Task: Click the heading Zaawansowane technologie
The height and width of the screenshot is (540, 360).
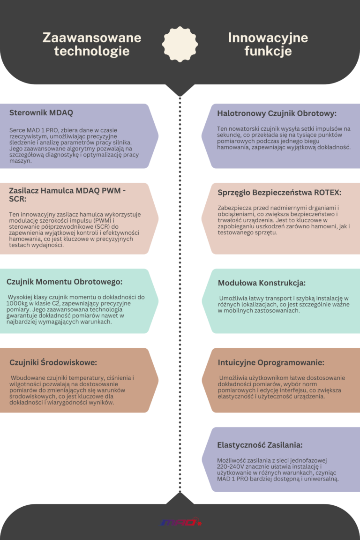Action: click(x=92, y=44)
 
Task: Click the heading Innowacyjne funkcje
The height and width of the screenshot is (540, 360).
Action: click(x=268, y=44)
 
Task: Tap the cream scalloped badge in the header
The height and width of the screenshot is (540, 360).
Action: click(x=180, y=44)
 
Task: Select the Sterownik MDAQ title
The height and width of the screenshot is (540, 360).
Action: click(x=41, y=113)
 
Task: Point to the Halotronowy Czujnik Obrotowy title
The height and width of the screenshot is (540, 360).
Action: click(x=277, y=113)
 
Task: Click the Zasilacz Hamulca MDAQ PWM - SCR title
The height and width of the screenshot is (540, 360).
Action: click(x=67, y=195)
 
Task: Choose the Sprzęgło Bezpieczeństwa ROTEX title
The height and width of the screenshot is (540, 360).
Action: click(x=279, y=193)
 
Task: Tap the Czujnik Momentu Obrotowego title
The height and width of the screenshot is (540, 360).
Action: click(x=64, y=282)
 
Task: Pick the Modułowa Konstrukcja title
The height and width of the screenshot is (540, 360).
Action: click(x=262, y=283)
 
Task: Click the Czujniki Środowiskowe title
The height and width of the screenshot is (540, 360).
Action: click(x=53, y=362)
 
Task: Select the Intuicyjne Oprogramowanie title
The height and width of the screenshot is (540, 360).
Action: click(x=271, y=362)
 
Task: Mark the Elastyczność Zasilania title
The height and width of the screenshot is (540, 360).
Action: click(x=260, y=445)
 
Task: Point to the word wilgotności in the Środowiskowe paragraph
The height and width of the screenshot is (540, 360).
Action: click(x=27, y=384)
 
